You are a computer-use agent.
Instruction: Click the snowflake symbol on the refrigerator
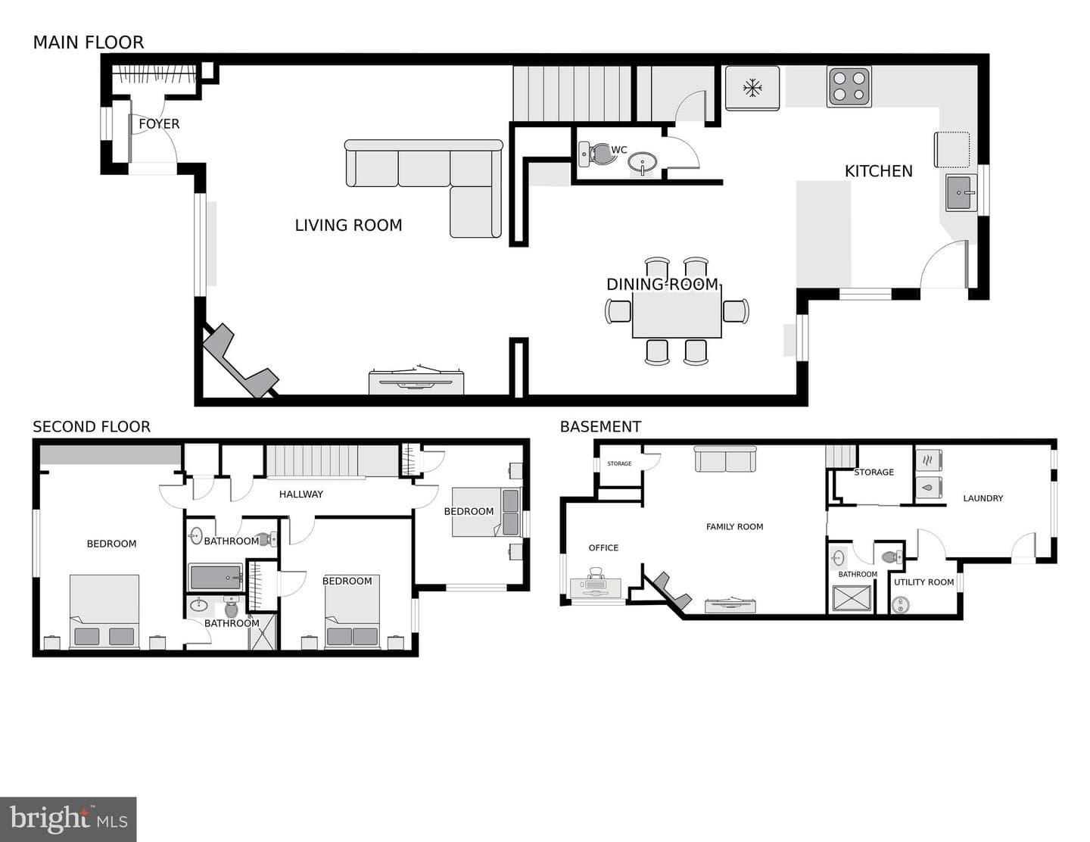click(x=752, y=89)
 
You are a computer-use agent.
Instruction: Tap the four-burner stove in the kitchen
click(x=849, y=86)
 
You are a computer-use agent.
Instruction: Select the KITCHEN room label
click(x=878, y=171)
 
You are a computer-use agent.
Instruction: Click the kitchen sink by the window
click(x=961, y=192)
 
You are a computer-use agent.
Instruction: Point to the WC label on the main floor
click(x=618, y=149)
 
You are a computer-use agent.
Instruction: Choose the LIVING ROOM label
click(x=349, y=226)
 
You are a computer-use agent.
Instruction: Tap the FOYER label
click(x=159, y=123)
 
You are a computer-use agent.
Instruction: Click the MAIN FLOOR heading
click(x=89, y=42)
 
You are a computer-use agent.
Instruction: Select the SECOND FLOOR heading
click(x=92, y=426)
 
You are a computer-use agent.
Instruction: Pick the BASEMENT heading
click(x=600, y=426)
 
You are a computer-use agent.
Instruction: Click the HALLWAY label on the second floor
click(x=301, y=494)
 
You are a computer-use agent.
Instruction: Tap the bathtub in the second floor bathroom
click(x=216, y=577)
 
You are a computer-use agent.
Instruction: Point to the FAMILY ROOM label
click(x=734, y=526)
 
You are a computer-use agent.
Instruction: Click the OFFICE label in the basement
click(x=603, y=547)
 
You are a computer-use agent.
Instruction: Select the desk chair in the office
click(x=596, y=575)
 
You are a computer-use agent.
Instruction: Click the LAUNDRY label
click(x=983, y=498)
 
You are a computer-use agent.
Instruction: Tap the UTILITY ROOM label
click(x=923, y=582)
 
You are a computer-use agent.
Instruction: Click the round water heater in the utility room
click(x=901, y=605)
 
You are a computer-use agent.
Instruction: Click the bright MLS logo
click(x=68, y=819)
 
